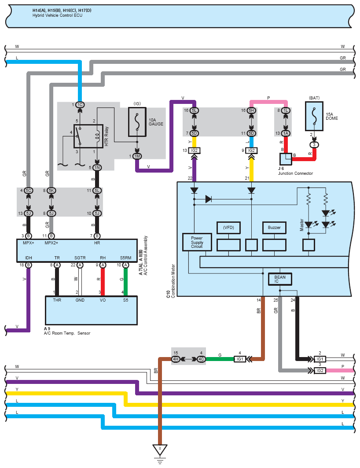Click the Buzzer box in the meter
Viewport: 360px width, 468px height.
274,228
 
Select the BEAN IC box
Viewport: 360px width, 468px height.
280,279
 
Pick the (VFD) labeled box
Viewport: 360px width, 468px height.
228,228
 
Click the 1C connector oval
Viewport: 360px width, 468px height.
80,105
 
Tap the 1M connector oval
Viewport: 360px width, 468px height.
137,156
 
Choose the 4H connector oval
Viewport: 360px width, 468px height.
176,359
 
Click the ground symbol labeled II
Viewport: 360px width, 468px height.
160,450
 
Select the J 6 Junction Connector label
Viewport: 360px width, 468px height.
295,171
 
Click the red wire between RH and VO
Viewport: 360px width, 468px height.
103,282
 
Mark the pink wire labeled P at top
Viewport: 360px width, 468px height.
268,102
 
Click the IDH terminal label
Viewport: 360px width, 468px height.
28,257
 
